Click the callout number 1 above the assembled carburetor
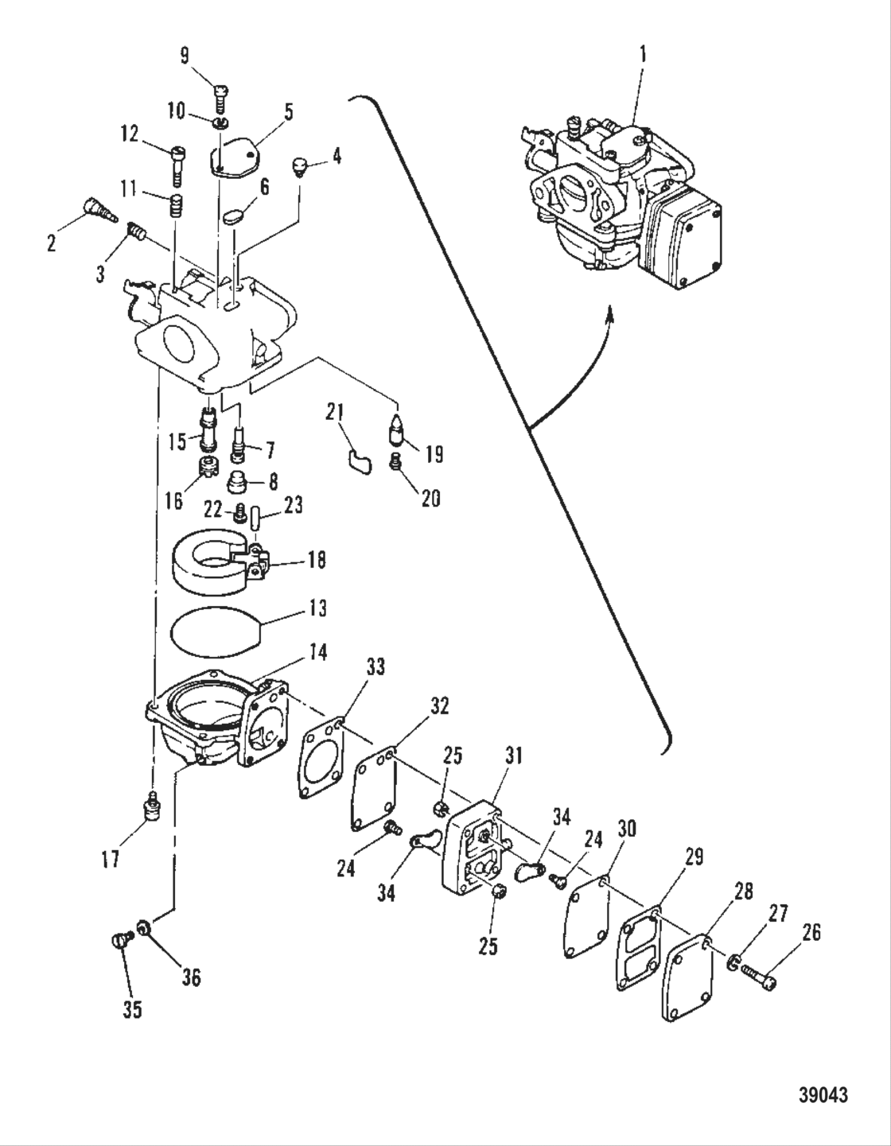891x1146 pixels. point(643,54)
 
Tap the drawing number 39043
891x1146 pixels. point(823,1095)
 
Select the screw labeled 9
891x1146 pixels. point(220,98)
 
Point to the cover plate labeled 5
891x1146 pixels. point(235,157)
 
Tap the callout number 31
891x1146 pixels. point(514,755)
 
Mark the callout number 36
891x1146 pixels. point(192,977)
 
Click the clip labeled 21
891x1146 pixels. point(359,460)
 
